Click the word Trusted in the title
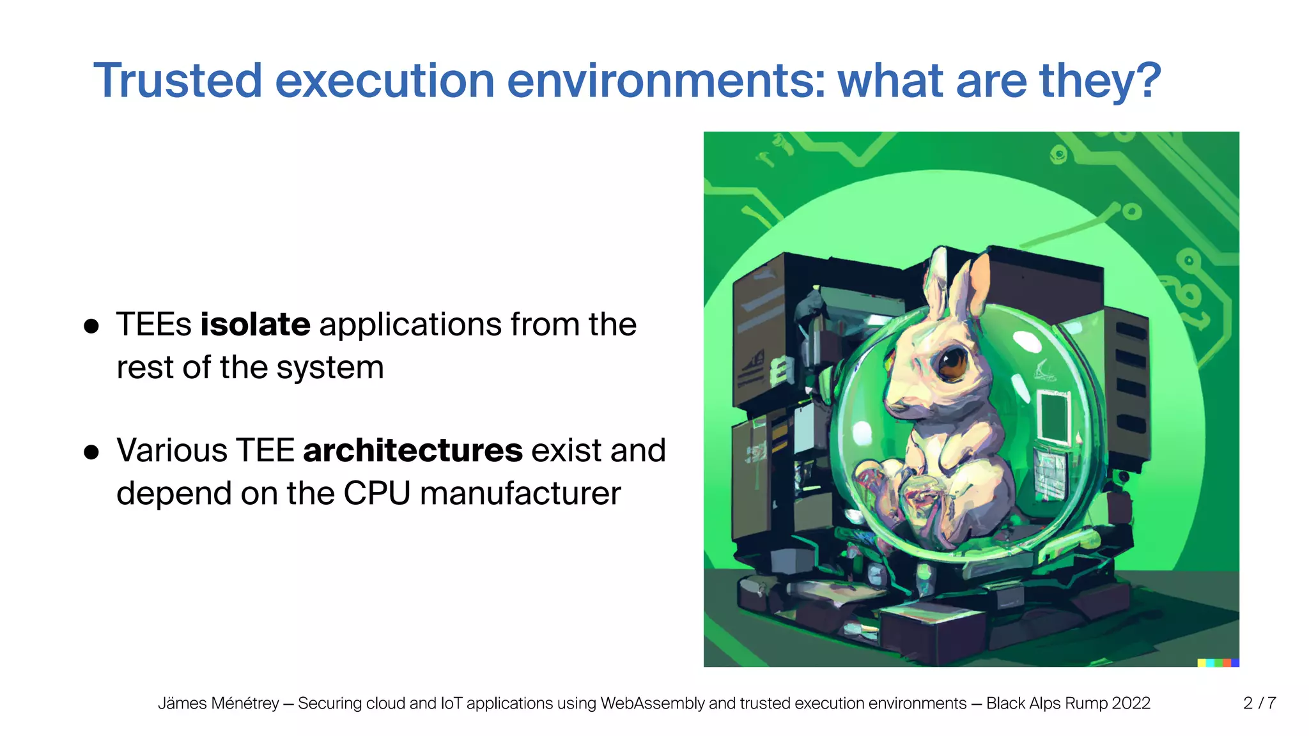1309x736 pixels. (178, 80)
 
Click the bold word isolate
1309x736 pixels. (255, 324)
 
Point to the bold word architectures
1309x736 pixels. (413, 450)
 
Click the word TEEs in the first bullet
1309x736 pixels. (153, 324)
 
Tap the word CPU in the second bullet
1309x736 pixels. (376, 493)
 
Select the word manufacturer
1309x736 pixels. (520, 493)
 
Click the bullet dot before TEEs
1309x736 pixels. (91, 326)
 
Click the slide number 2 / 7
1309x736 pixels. (1259, 703)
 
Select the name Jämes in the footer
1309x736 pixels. (183, 703)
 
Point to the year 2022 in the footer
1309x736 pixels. (1131, 703)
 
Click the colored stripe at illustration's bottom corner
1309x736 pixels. (1218, 663)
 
